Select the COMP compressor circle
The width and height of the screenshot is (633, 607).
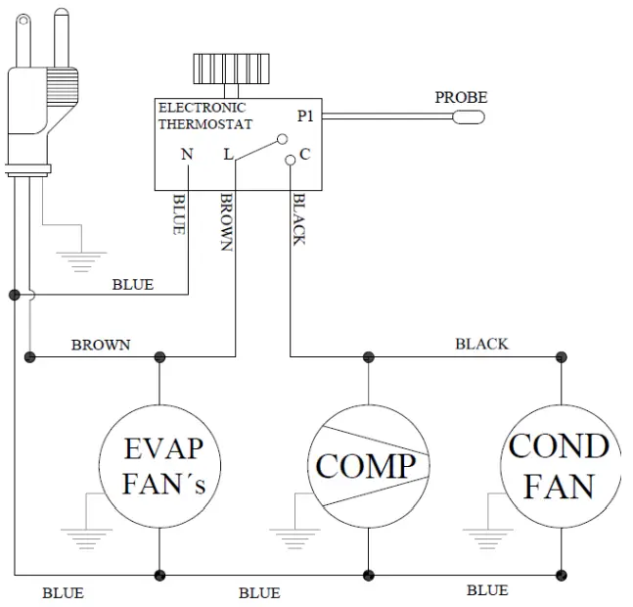(x=367, y=466)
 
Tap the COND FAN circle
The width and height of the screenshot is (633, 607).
(x=560, y=466)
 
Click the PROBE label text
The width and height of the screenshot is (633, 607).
(x=461, y=98)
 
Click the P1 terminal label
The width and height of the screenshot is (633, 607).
(x=306, y=116)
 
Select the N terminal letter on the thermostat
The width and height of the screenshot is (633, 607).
(x=186, y=154)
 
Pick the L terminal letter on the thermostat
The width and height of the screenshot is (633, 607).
(x=228, y=154)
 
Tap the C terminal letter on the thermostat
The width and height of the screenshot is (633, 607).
(x=304, y=154)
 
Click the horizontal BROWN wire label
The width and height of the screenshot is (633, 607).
(x=100, y=346)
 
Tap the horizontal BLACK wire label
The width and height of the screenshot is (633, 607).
(x=481, y=344)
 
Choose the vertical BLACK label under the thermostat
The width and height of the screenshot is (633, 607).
(x=299, y=219)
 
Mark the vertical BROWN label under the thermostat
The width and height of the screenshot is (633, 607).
(x=226, y=222)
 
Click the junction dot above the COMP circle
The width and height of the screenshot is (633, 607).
(x=368, y=356)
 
